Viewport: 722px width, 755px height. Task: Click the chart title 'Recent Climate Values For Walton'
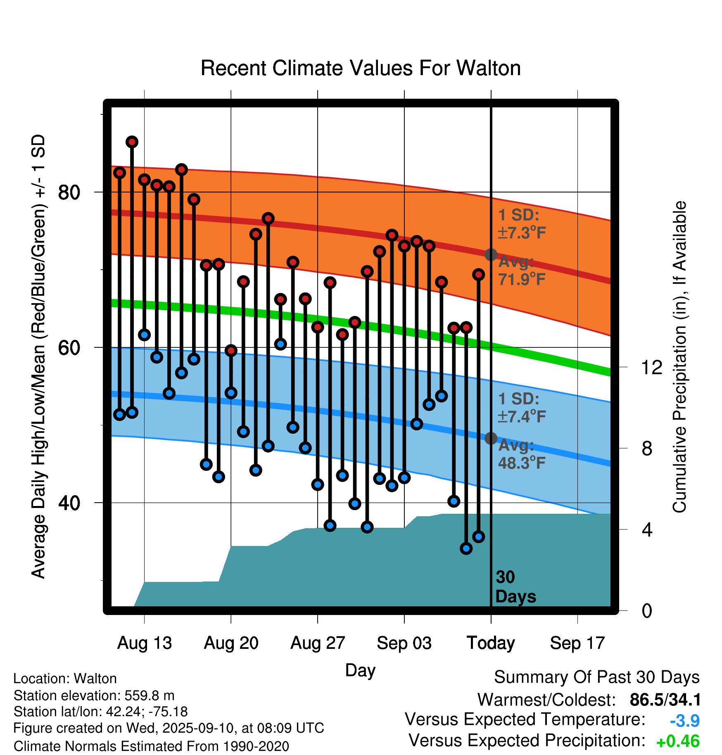pos(361,68)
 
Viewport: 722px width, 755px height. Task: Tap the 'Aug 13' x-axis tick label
pos(145,643)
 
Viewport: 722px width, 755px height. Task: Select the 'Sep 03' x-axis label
pos(404,643)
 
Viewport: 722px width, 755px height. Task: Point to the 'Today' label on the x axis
pos(491,643)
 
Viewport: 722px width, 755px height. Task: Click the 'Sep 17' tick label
pos(577,643)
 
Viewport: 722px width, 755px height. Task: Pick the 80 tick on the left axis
pos(69,192)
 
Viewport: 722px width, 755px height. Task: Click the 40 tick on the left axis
pos(69,503)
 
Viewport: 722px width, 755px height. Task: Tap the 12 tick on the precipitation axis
pos(651,367)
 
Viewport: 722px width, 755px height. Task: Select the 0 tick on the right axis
pos(647,610)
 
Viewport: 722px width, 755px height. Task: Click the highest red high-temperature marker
pos(132,142)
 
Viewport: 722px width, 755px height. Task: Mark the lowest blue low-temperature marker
pos(466,548)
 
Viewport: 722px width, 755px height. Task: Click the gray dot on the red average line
pos(491,254)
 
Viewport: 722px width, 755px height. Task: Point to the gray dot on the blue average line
pos(491,438)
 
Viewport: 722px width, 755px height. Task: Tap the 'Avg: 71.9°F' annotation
pos(522,271)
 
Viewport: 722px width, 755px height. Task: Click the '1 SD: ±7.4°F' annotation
pos(522,408)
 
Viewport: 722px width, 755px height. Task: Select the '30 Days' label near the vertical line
pos(515,587)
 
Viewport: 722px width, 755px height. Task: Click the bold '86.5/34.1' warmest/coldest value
pos(665,700)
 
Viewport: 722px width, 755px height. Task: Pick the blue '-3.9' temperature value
pos(684,721)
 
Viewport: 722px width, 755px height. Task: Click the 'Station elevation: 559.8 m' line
pos(94,696)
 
